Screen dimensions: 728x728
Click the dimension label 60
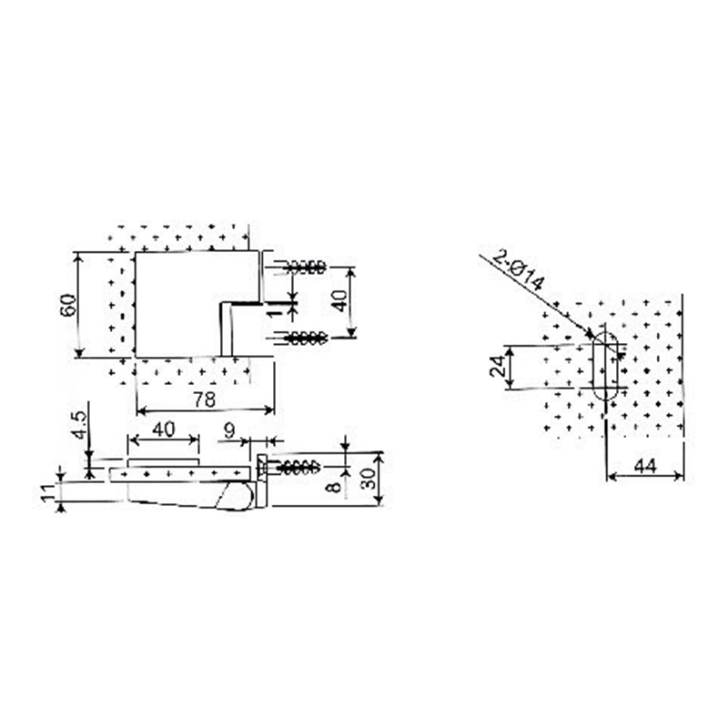click(67, 305)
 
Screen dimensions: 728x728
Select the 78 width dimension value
click(205, 399)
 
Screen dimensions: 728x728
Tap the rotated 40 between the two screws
click(339, 300)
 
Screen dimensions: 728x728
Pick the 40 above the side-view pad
click(164, 430)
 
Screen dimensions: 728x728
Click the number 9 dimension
click(229, 431)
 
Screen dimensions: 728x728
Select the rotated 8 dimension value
click(335, 486)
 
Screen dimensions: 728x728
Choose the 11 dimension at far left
click(48, 492)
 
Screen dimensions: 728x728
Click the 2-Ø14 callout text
click(518, 269)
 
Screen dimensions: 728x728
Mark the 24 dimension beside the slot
click(497, 366)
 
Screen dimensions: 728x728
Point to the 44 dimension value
click(645, 466)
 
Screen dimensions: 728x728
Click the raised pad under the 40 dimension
click(164, 463)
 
